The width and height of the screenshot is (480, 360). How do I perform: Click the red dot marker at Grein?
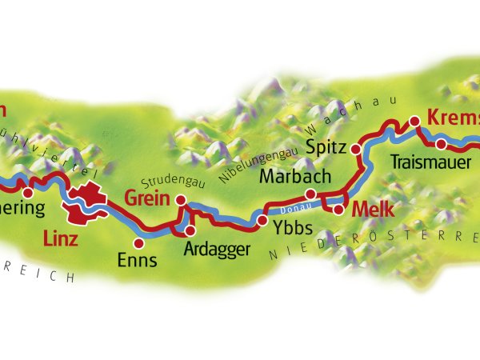(180, 200)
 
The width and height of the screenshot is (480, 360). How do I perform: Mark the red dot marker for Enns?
(138, 242)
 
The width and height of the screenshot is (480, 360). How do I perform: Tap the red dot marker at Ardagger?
(190, 230)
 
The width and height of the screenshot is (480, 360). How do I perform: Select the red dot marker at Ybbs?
(262, 219)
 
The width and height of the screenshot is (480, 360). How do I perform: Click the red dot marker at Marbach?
(310, 194)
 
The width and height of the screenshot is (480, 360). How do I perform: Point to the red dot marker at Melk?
(338, 210)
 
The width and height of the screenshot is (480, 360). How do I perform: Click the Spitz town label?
(326, 147)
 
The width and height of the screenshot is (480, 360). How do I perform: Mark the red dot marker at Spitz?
(356, 149)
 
